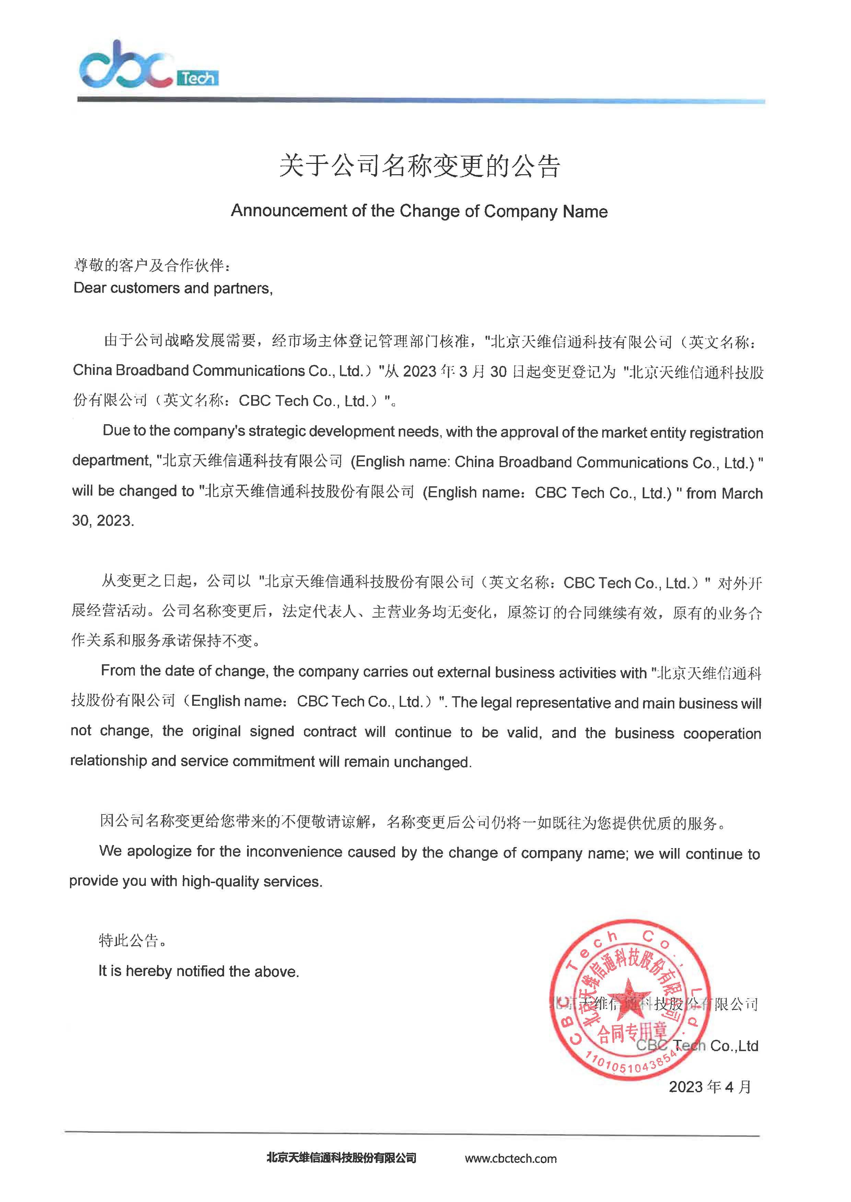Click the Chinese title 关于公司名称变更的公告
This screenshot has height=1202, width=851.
(x=419, y=166)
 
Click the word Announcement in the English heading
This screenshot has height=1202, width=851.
(x=289, y=211)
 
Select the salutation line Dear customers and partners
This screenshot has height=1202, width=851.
(x=173, y=288)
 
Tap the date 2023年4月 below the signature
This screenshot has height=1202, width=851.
(x=710, y=1087)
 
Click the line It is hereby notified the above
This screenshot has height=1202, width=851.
(x=199, y=971)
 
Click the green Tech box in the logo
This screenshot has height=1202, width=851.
(x=198, y=79)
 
